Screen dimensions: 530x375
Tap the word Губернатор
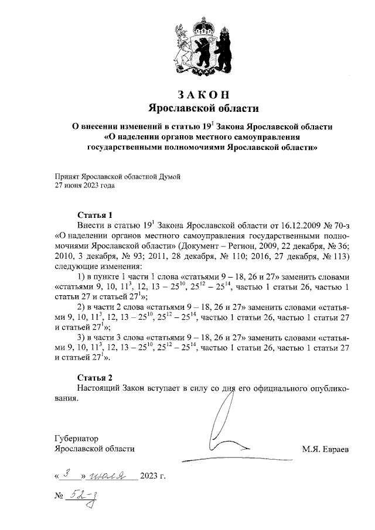tap(76, 438)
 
